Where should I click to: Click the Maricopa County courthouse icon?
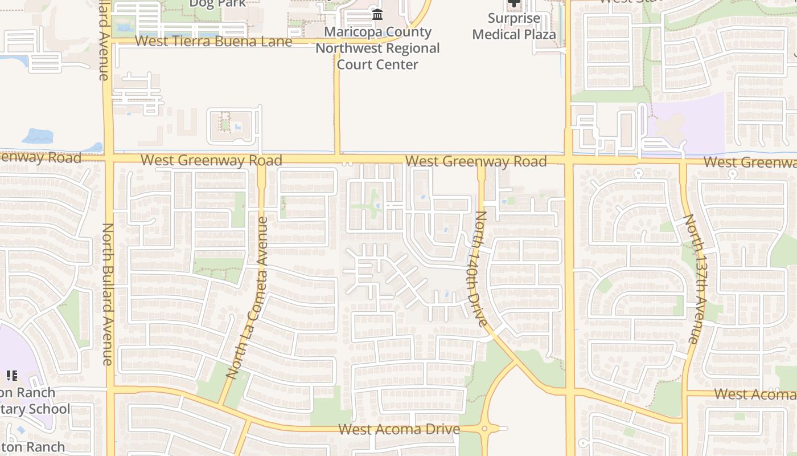377,15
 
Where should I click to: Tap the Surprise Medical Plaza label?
513,26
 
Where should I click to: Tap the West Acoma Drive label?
399,429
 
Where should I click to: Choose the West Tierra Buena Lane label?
213,42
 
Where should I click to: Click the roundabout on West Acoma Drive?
486,429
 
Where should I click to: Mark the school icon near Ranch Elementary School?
11,376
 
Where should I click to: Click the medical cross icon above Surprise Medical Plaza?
513,3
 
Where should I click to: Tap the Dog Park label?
217,3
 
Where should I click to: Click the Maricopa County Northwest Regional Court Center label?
377,48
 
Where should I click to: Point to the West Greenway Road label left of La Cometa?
211,160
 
